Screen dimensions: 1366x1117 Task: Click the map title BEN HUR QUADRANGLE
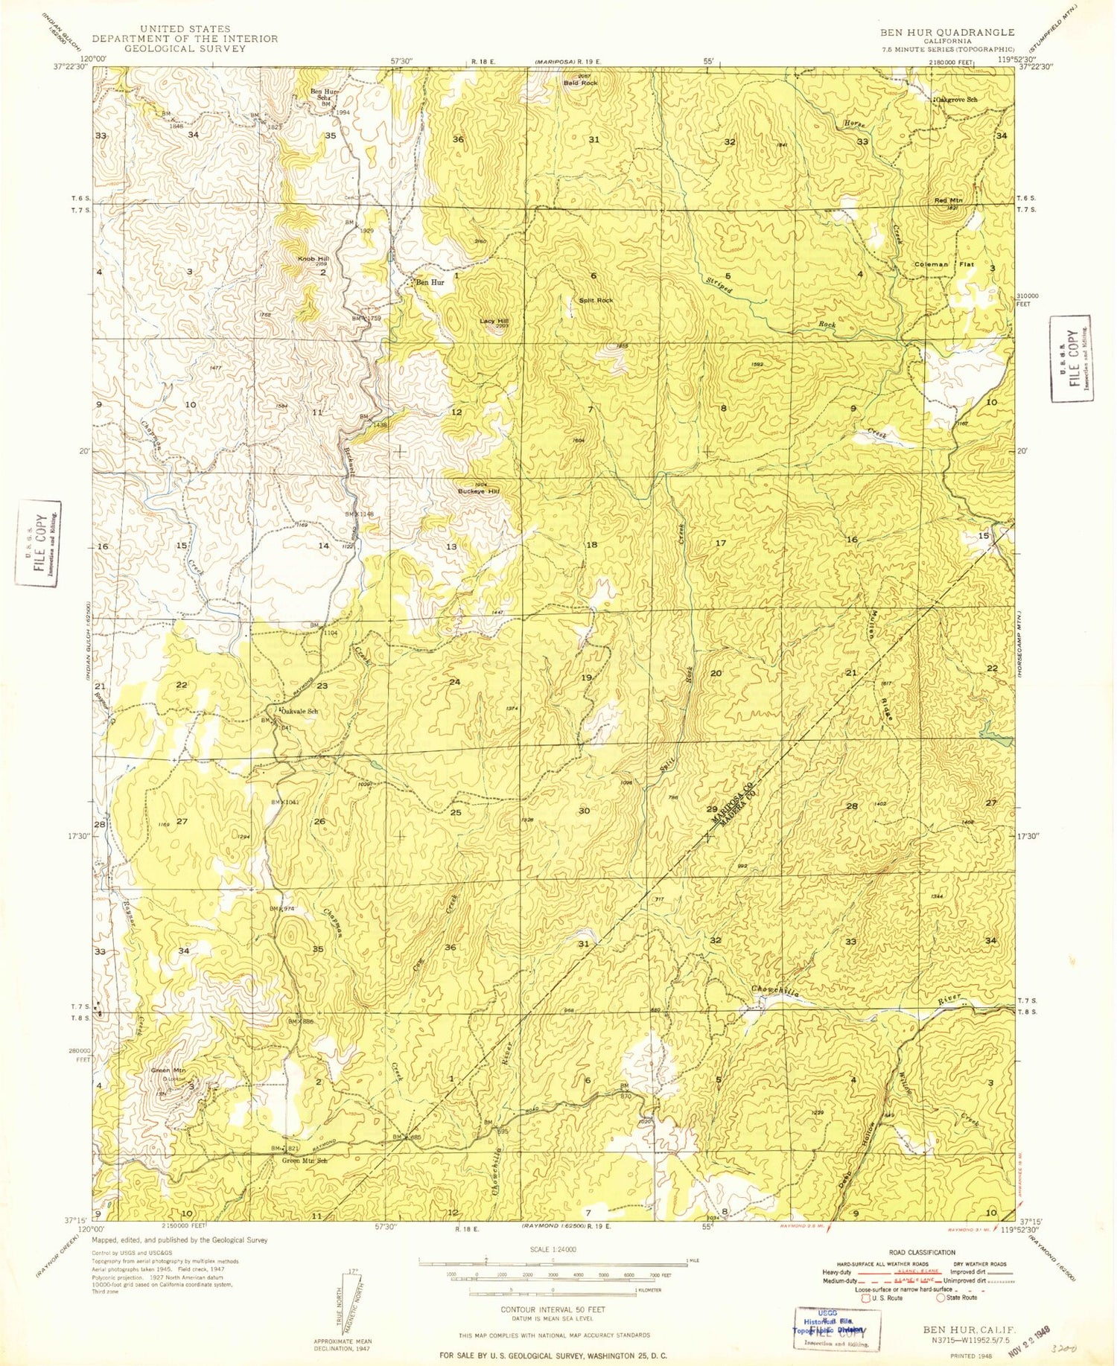(946, 32)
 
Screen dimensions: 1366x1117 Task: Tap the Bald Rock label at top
(580, 83)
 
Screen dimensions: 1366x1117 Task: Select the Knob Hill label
(312, 258)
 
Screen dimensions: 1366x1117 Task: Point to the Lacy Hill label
(494, 321)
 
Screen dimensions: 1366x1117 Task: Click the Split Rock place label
(596, 300)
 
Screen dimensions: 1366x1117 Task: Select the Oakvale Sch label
(299, 711)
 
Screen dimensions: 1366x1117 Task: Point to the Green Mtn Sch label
(305, 1161)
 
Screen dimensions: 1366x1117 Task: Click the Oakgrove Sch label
(957, 99)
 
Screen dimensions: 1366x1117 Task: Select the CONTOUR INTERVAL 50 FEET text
(552, 1309)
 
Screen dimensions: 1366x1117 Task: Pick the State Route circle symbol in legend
(941, 1298)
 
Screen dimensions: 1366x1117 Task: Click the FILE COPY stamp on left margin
(38, 543)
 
